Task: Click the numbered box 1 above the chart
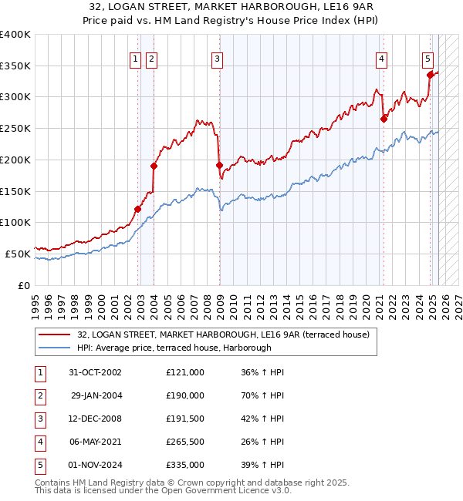click(136, 59)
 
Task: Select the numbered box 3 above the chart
click(218, 59)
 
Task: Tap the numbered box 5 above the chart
click(428, 59)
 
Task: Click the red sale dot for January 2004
click(154, 166)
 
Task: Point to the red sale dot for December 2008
click(219, 165)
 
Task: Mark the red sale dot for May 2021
click(384, 119)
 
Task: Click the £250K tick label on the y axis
click(15, 128)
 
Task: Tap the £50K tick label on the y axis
click(18, 254)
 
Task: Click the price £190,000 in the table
click(185, 395)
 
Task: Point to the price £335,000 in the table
click(185, 465)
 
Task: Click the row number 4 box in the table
click(39, 442)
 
